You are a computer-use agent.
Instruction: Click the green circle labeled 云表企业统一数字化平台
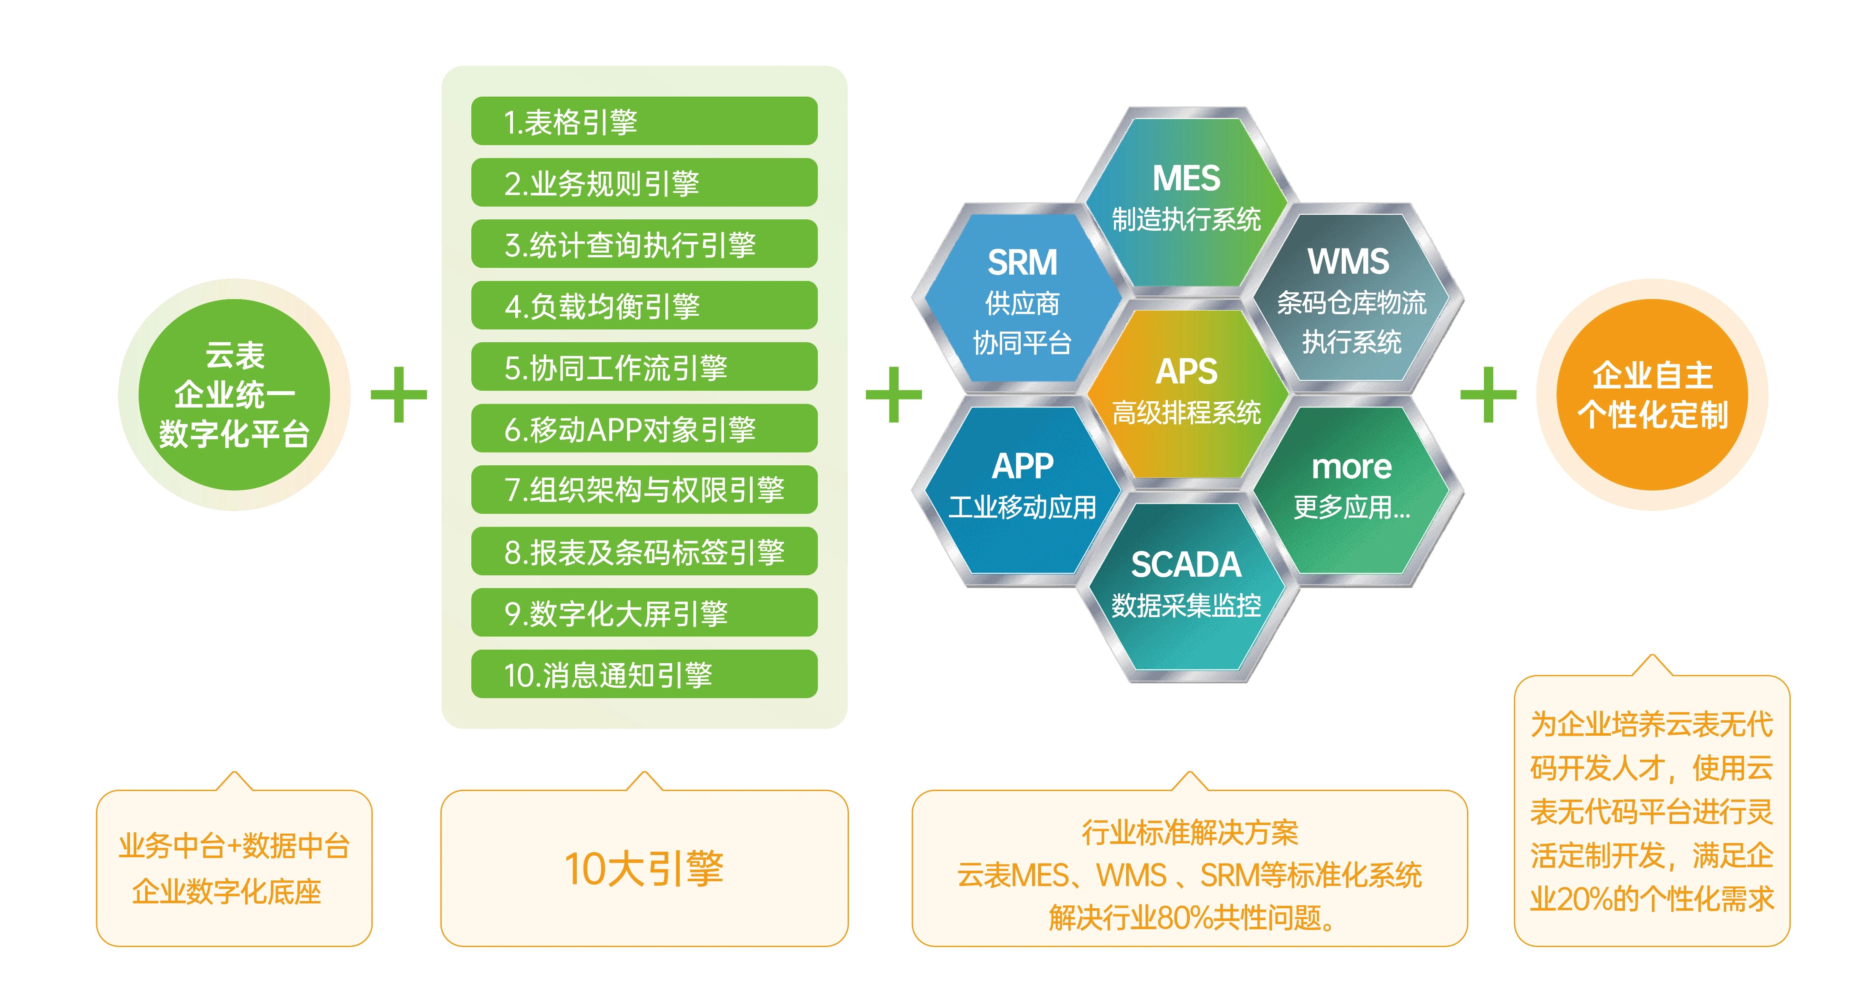tap(234, 395)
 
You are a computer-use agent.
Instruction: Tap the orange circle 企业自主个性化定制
tap(1652, 395)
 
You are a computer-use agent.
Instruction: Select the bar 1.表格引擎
tap(644, 121)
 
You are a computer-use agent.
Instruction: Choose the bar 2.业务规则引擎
tap(644, 183)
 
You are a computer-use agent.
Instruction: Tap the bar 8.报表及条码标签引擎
tap(644, 551)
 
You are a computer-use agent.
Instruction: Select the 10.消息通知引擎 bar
tap(644, 674)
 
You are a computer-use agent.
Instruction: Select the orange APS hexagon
tap(1187, 393)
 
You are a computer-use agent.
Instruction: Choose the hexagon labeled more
tap(1351, 487)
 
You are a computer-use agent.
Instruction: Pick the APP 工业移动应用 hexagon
tap(1022, 487)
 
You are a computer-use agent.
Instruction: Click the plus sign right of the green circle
tap(398, 395)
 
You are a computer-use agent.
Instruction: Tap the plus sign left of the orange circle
tap(1488, 395)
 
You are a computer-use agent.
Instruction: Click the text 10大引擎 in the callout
tap(644, 868)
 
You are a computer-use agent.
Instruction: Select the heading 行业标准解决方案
tap(1189, 832)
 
